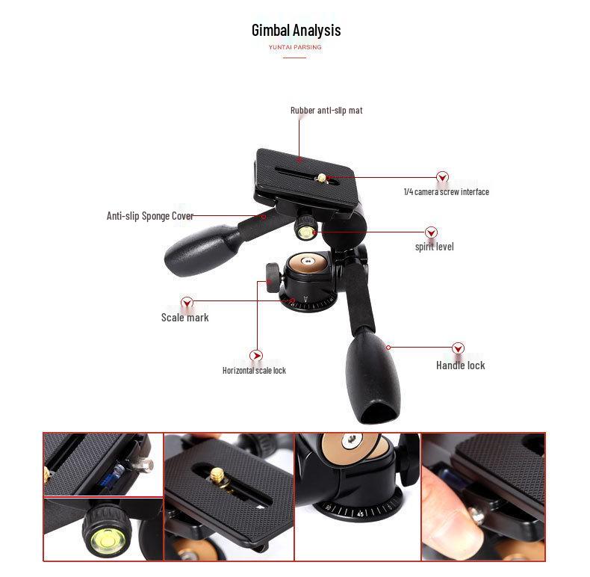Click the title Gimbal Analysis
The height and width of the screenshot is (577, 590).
click(x=296, y=31)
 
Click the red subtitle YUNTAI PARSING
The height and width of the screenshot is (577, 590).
click(x=295, y=47)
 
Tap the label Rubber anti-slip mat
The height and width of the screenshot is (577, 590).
click(x=326, y=111)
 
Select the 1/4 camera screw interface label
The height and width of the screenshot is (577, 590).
click(x=446, y=192)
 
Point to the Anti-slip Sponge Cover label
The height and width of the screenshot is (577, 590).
click(x=149, y=216)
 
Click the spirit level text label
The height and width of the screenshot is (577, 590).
click(x=434, y=247)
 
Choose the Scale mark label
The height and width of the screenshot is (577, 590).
click(x=184, y=318)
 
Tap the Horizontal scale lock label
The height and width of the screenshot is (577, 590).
click(x=254, y=371)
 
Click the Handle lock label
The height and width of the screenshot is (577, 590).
click(x=460, y=365)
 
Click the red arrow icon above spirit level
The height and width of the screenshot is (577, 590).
click(x=431, y=233)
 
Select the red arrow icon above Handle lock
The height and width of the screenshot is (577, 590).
click(x=458, y=348)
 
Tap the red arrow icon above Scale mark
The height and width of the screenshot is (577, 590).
click(x=187, y=303)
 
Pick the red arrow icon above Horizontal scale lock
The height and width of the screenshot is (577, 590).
click(x=256, y=357)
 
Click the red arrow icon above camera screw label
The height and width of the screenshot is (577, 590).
click(x=442, y=178)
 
